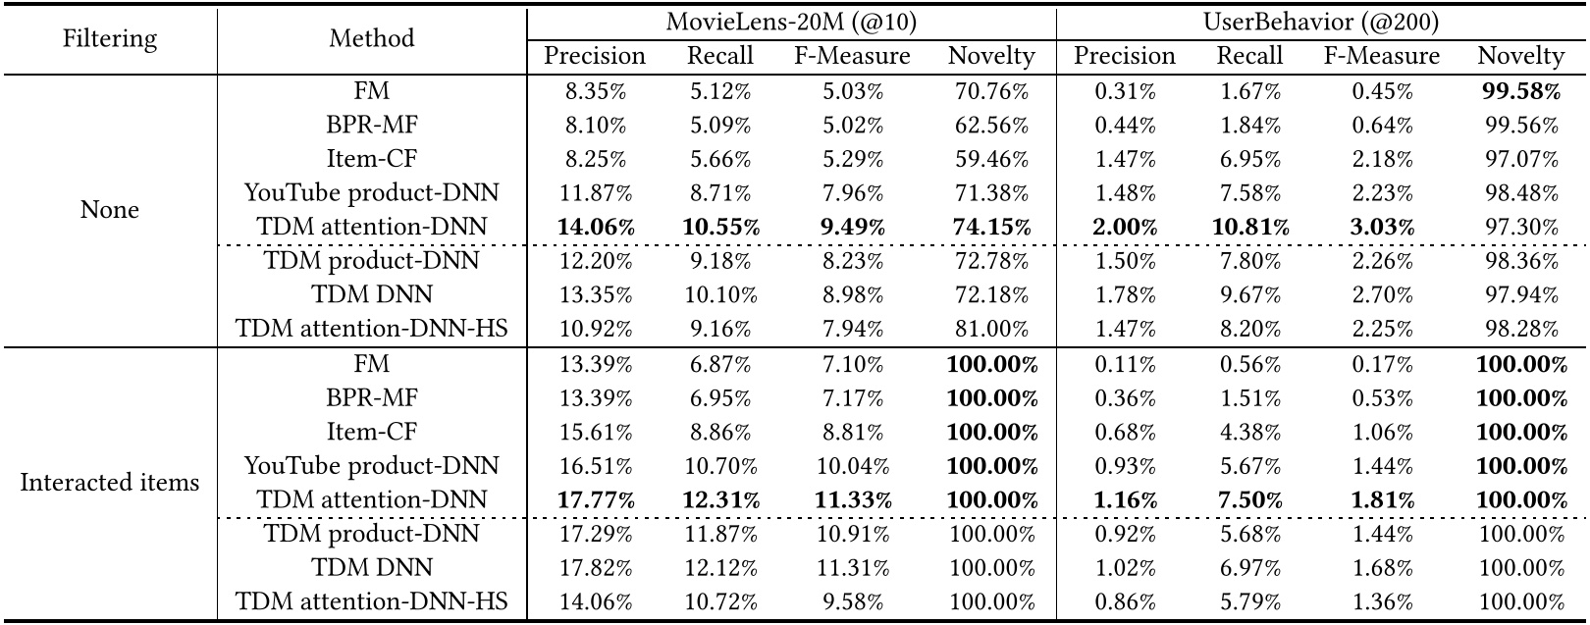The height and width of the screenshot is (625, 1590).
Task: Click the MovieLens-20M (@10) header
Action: coord(791,22)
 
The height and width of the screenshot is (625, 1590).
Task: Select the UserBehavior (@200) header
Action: coord(1320,22)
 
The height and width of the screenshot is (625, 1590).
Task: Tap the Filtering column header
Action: coord(109,38)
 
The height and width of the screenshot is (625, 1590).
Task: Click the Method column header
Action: coord(371,38)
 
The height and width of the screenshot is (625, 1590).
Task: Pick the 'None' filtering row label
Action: coord(109,210)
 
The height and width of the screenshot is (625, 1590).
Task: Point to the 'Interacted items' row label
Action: coord(109,483)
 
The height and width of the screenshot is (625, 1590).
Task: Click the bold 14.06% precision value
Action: coord(595,227)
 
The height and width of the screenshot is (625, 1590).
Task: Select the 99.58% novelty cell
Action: coord(1520,91)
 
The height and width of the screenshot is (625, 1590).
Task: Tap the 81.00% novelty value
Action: coord(991,329)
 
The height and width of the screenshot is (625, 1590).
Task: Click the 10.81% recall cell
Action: coord(1249,227)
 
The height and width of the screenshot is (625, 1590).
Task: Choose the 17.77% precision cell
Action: coord(595,499)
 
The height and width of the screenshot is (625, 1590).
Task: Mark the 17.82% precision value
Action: coord(595,567)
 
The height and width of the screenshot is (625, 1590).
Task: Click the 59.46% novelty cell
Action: coord(991,159)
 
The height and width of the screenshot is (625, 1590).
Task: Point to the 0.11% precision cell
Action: coord(1124,364)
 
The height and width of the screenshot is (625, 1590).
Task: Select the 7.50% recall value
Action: coord(1249,499)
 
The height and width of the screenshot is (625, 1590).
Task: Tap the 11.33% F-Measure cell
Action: coord(852,499)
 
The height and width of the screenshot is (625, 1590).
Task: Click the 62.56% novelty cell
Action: coord(991,126)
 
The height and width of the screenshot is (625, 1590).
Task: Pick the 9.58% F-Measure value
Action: coord(852,601)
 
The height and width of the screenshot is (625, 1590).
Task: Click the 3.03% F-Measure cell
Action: coord(1381,227)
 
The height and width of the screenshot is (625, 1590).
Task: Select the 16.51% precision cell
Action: coord(595,466)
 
